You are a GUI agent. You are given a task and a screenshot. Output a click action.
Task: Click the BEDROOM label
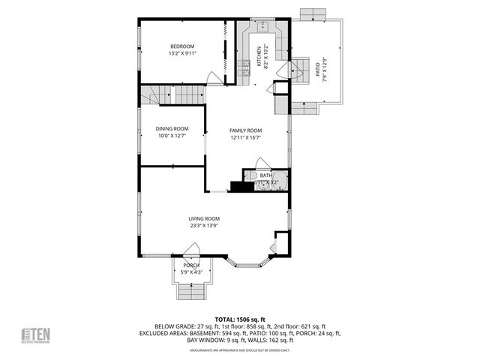click(x=181, y=46)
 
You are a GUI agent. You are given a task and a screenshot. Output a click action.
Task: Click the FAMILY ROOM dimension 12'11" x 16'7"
click(x=245, y=137)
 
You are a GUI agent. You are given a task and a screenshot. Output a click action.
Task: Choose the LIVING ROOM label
click(x=204, y=218)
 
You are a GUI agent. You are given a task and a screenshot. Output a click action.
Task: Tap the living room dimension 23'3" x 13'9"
click(x=204, y=225)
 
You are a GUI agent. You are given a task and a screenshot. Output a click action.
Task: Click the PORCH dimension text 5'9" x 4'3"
click(x=191, y=272)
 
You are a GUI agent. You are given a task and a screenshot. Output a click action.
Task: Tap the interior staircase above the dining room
click(x=176, y=95)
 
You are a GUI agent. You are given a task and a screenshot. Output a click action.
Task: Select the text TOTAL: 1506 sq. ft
click(x=240, y=319)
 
